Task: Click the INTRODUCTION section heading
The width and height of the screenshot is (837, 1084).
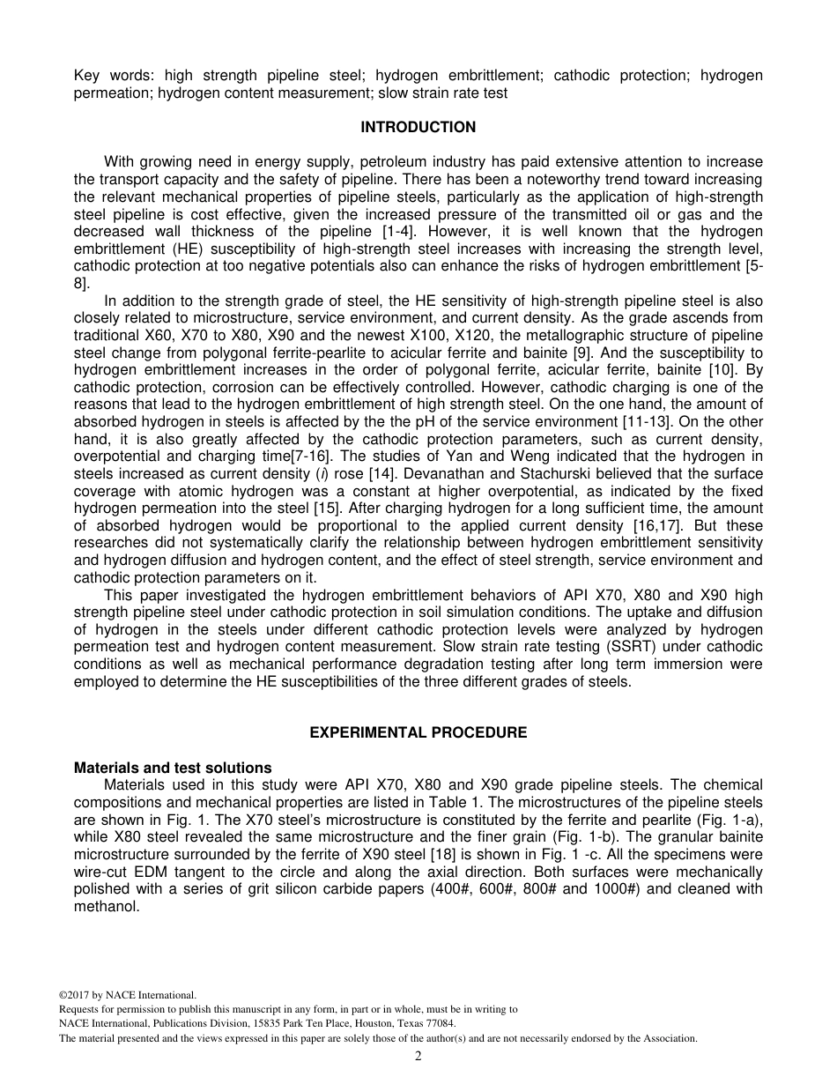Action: point(418,127)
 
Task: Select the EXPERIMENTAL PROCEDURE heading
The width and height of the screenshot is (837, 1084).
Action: point(418,732)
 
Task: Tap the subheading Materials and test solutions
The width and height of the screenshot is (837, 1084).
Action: point(173,768)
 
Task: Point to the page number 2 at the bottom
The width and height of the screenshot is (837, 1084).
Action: point(418,1057)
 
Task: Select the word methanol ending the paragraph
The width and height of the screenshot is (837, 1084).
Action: point(105,905)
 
